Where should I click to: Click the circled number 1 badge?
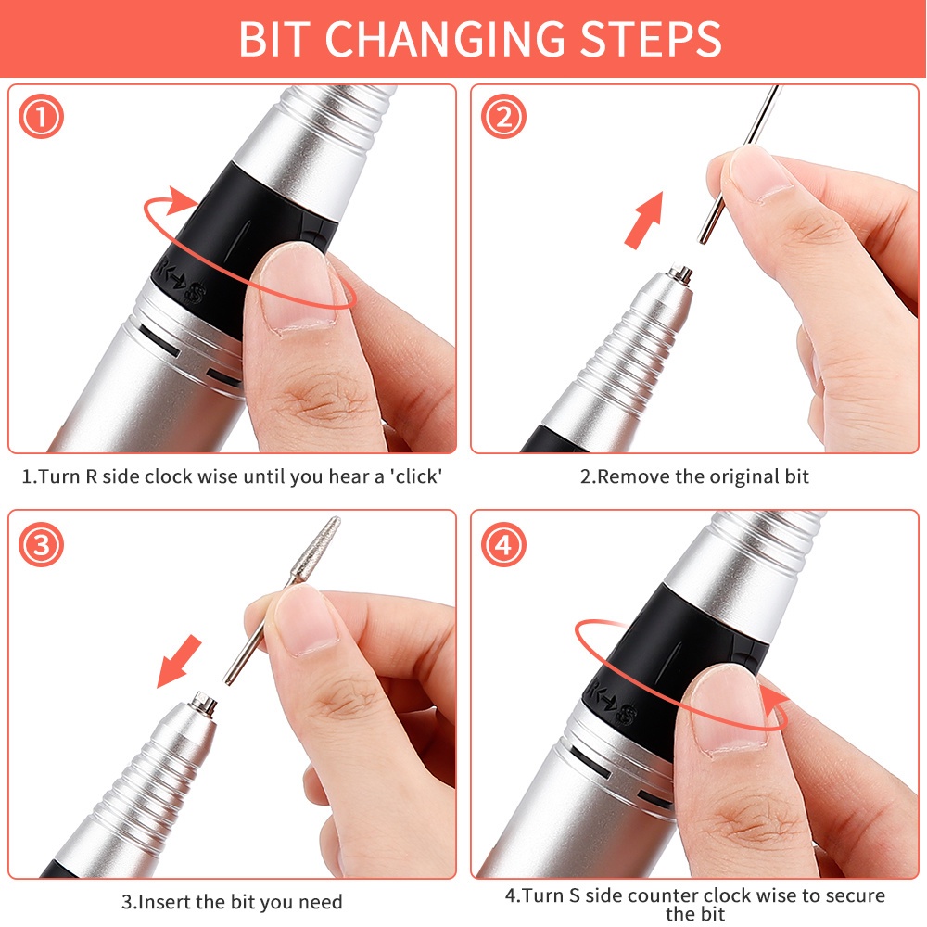click(x=41, y=118)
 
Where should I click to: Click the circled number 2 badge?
click(x=502, y=118)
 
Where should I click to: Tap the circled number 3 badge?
click(x=41, y=544)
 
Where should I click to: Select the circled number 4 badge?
click(x=502, y=544)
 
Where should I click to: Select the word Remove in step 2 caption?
click(x=634, y=477)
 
